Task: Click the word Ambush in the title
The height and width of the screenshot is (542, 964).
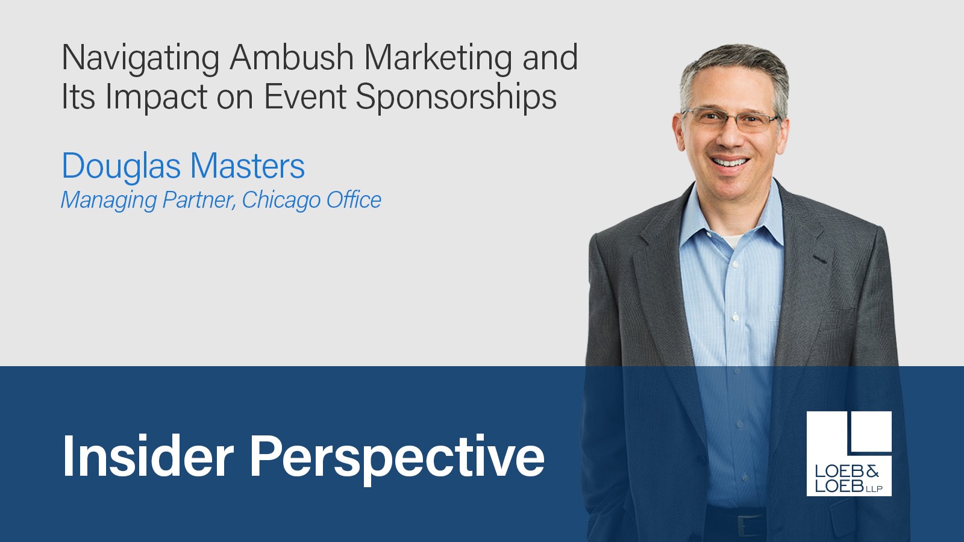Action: [x=292, y=58]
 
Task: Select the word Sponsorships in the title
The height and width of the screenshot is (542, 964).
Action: [x=455, y=98]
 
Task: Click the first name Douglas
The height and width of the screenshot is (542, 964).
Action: [x=121, y=166]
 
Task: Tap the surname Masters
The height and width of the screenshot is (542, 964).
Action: [x=248, y=166]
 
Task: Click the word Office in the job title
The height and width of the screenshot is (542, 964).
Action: [x=354, y=200]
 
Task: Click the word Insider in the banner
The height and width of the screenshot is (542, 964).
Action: [x=148, y=456]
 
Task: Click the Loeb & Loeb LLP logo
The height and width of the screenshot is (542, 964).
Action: [x=849, y=453]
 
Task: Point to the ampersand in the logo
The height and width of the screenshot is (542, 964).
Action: [x=872, y=471]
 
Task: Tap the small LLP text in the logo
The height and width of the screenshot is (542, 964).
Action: [x=874, y=489]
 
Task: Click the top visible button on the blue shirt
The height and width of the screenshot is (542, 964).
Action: [x=734, y=263]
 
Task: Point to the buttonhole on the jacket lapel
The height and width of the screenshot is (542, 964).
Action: [x=819, y=259]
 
